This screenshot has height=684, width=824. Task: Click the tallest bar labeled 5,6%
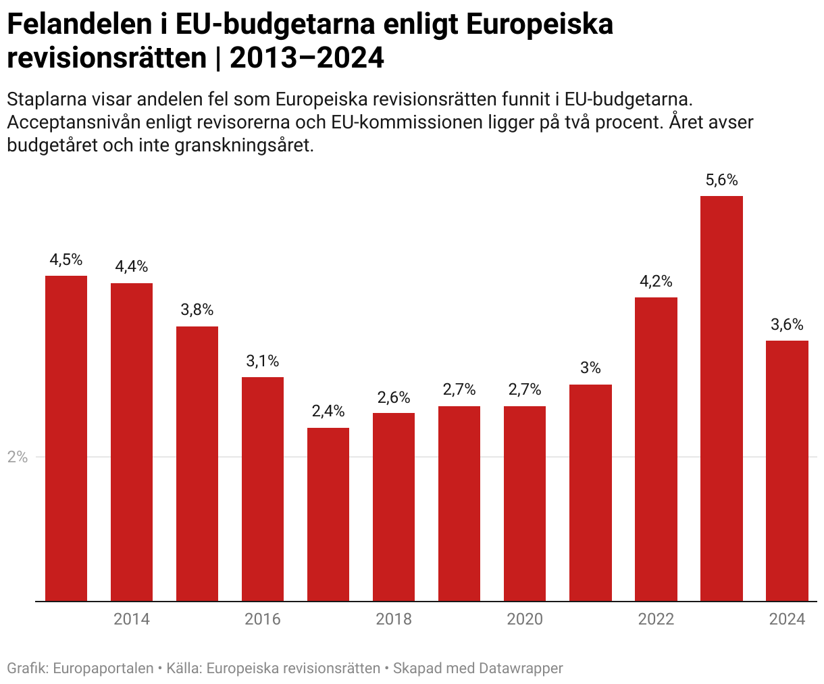(721, 398)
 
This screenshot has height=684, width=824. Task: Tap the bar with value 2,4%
(328, 514)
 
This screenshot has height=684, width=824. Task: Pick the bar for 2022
(656, 449)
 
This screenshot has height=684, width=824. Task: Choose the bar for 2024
(787, 470)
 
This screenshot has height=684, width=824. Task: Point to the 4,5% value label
(66, 260)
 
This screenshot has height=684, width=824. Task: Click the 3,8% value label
(197, 310)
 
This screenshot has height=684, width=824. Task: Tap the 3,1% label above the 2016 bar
(263, 361)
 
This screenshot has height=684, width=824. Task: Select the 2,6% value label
(394, 397)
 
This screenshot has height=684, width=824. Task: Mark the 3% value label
(590, 368)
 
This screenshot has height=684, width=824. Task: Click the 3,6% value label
(787, 325)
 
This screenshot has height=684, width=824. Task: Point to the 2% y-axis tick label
(18, 458)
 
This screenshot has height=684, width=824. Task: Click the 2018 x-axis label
(394, 619)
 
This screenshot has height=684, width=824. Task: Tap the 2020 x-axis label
(525, 619)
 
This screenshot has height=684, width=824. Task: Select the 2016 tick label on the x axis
(263, 619)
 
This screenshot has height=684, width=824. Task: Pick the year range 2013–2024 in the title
(307, 59)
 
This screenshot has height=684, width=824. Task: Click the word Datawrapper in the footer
(521, 668)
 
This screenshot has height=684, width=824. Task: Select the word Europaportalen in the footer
(103, 668)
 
